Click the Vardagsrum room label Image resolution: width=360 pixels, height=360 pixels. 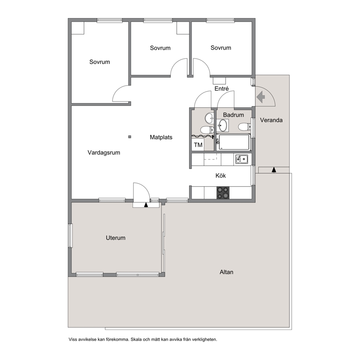coord(104,153)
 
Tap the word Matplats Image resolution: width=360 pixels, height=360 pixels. coord(161,137)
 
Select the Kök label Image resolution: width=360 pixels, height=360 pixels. coord(221,176)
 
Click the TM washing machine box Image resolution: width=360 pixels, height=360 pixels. coord(198,145)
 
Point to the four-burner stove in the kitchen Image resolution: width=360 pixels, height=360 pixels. coord(223,193)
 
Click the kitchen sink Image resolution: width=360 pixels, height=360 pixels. coord(242,159)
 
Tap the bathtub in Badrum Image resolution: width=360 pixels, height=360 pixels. coord(234,142)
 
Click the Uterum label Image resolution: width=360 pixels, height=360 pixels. coord(115,238)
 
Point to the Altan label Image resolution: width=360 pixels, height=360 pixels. coord(226,272)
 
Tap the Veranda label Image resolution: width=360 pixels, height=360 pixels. coord(271,120)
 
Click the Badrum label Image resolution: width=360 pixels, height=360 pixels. coord(233,115)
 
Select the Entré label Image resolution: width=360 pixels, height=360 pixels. coord(222,89)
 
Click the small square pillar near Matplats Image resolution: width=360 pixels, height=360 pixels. coord(130,137)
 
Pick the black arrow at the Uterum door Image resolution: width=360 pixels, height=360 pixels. coord(146,205)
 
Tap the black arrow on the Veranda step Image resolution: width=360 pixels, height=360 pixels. coord(274,170)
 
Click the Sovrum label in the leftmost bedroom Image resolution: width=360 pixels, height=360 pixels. coord(100,62)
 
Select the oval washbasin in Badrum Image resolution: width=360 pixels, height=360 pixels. coord(222,125)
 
